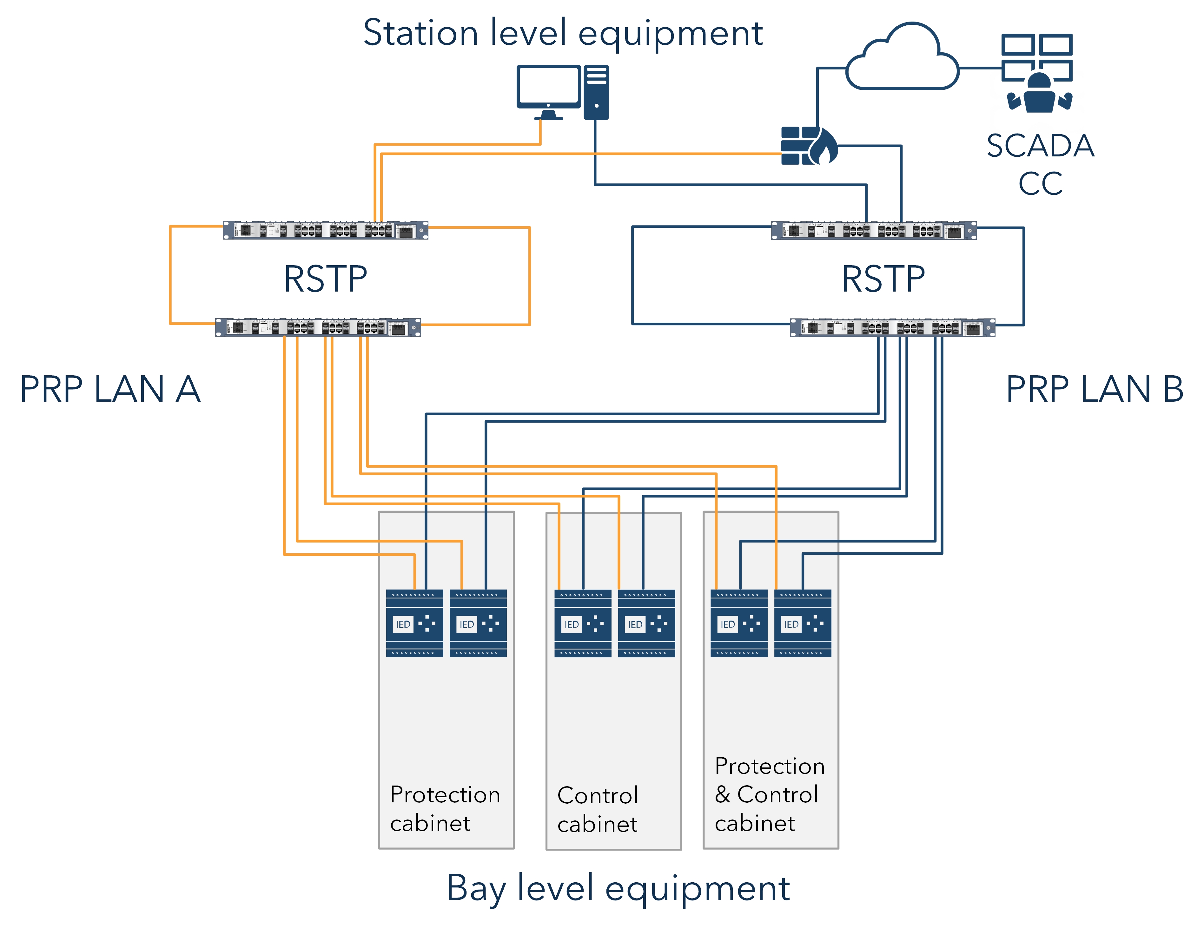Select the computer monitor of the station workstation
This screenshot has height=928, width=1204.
[548, 88]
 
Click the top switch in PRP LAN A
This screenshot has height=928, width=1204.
[325, 230]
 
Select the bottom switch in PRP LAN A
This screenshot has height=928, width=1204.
[318, 327]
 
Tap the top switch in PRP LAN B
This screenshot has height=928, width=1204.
[873, 230]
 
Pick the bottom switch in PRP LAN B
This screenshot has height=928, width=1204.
[892, 327]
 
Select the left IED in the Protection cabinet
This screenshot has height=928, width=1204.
[414, 623]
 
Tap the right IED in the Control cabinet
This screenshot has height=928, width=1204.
[646, 623]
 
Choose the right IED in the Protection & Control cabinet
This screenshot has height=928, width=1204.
[803, 623]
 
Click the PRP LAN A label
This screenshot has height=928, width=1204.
[110, 389]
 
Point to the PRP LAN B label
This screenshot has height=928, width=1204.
[1094, 389]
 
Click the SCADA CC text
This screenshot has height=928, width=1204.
[1040, 164]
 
